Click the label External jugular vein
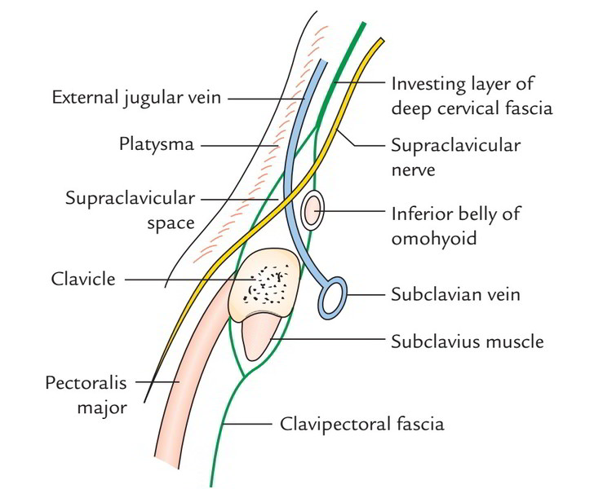click(138, 98)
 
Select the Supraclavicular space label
click(131, 210)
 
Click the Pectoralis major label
click(86, 394)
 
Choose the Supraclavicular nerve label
click(456, 158)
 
